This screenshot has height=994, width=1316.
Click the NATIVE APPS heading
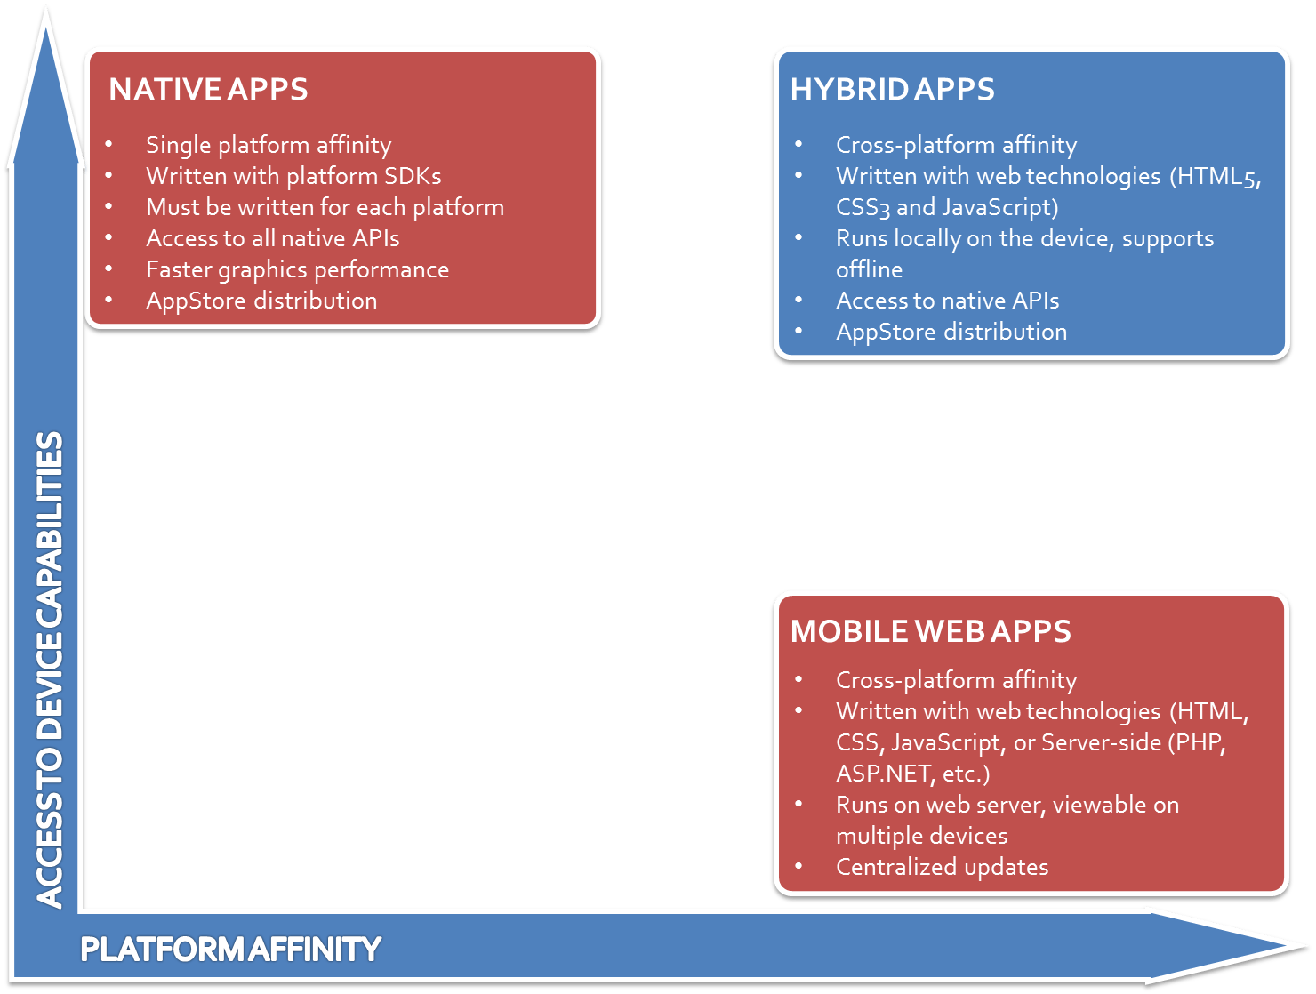click(208, 90)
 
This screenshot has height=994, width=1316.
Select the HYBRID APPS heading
click(892, 90)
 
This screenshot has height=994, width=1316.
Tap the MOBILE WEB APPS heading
click(930, 631)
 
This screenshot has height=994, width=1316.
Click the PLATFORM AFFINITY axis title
click(230, 950)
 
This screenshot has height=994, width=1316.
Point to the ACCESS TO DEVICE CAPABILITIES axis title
click(50, 669)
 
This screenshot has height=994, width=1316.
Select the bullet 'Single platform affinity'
click(269, 145)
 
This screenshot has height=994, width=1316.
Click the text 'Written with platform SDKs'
click(293, 176)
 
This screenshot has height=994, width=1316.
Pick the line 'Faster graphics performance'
click(297, 269)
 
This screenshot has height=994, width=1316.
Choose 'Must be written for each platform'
click(325, 207)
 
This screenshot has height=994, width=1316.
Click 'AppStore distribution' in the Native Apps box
click(261, 301)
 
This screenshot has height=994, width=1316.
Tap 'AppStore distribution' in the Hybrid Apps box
click(951, 332)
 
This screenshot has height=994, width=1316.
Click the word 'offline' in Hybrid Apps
click(869, 269)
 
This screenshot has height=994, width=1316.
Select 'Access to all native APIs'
click(272, 238)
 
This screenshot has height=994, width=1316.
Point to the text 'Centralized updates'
click(942, 867)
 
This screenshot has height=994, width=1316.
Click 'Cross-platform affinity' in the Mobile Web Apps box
click(956, 680)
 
